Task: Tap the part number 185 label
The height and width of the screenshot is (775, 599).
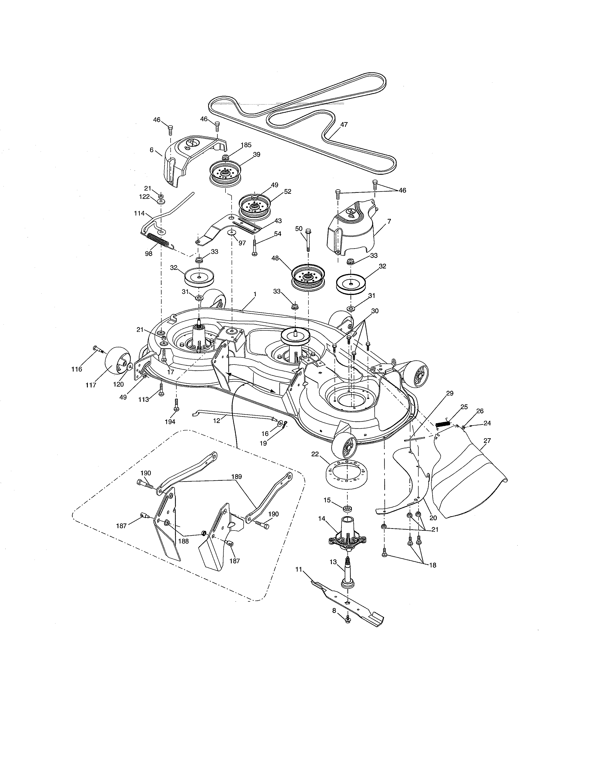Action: coord(246,145)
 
